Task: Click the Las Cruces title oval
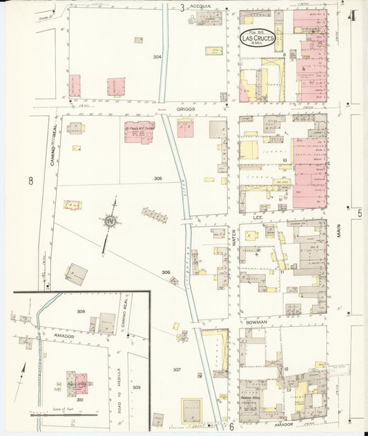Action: (258, 38)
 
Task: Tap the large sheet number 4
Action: (353, 16)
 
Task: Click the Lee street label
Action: (258, 217)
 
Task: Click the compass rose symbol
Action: (109, 221)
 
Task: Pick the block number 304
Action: (157, 57)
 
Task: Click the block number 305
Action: (157, 178)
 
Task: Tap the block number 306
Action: (166, 272)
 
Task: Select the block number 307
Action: (177, 370)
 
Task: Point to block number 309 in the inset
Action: (136, 387)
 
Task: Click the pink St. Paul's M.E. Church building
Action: (139, 131)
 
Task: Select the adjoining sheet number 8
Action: (30, 181)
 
